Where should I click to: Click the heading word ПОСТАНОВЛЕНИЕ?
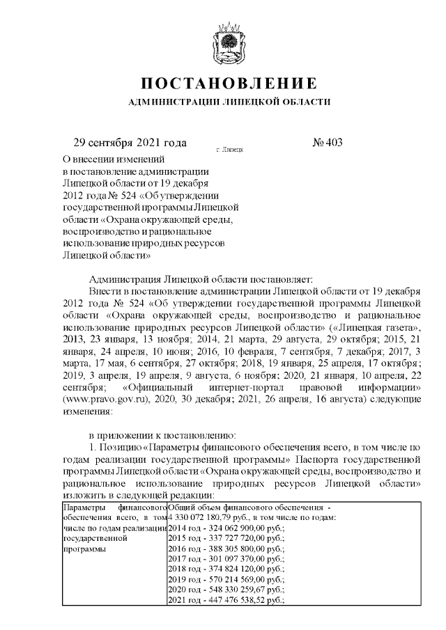(x=229, y=84)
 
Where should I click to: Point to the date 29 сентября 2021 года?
(x=130, y=143)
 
